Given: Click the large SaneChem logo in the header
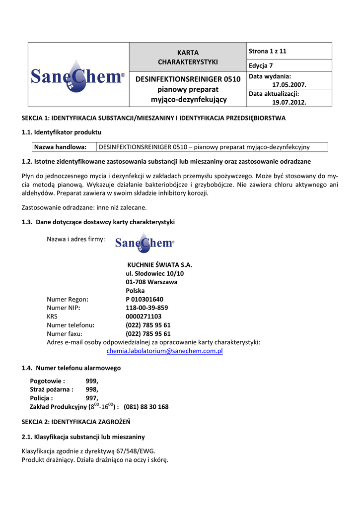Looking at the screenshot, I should (78, 76).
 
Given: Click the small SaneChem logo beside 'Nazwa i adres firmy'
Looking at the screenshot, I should (144, 242).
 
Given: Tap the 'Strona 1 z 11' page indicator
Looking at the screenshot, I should (268, 51).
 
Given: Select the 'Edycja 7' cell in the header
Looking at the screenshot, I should (261, 65).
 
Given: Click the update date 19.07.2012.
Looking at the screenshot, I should (289, 102).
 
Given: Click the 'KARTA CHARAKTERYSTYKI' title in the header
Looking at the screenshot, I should (188, 57).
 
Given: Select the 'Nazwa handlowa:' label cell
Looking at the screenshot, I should (60, 147).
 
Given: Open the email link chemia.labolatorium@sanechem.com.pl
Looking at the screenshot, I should (165, 351).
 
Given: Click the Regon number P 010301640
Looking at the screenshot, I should (144, 299).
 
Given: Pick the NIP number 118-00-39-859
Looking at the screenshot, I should (146, 308).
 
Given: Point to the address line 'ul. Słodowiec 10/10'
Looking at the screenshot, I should (155, 273).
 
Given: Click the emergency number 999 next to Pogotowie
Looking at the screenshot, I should (92, 381).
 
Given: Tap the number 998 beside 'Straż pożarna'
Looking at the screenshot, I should (92, 389).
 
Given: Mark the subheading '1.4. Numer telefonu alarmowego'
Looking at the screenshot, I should (71, 368).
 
